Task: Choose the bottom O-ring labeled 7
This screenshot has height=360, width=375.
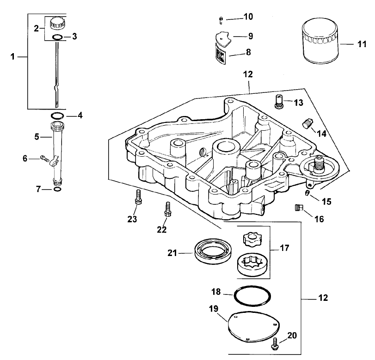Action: tap(56, 189)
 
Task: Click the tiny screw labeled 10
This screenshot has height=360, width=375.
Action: tap(221, 18)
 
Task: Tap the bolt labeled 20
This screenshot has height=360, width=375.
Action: tap(276, 343)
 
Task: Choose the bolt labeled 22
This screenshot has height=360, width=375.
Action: tap(167, 211)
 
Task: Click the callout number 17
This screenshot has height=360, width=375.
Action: tap(284, 248)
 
